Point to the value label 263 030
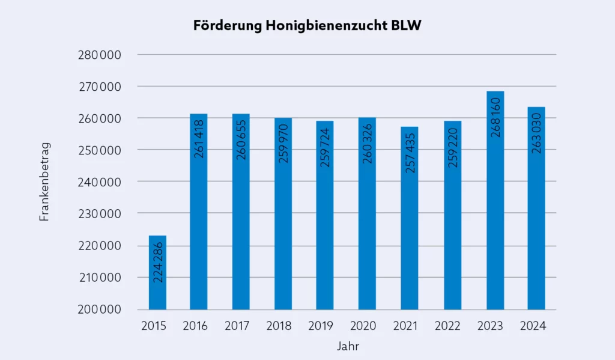537,133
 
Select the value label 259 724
326,146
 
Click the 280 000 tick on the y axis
100,55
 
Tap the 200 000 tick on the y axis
100,310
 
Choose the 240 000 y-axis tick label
100,182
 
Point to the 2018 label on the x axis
279,326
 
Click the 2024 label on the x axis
533,326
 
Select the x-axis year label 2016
195,326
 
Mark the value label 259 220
452,146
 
